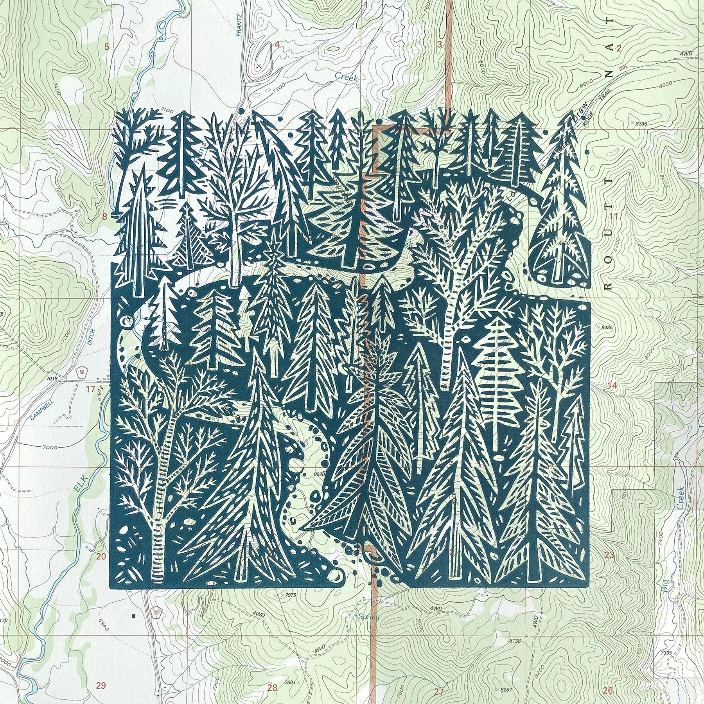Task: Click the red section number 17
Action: [90, 389]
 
